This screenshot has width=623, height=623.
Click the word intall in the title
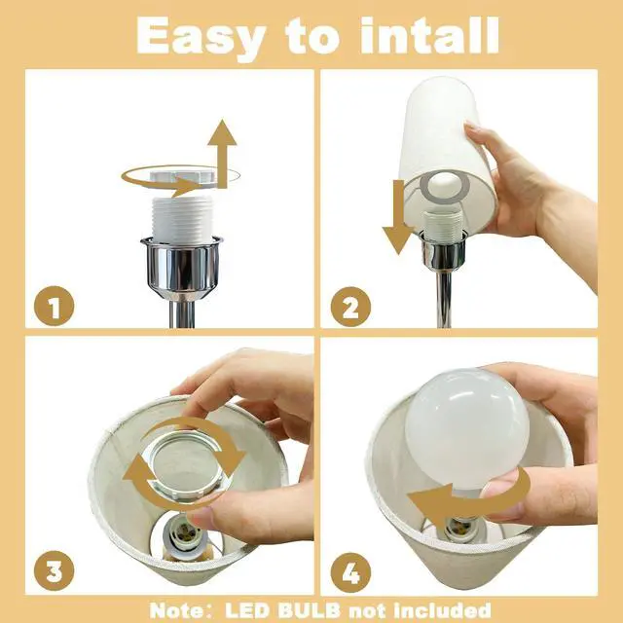pyautogui.click(x=429, y=35)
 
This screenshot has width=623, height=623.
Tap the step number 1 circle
pyautogui.click(x=55, y=306)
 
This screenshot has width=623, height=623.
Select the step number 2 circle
pyautogui.click(x=350, y=307)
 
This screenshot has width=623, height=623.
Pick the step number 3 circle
pyautogui.click(x=55, y=570)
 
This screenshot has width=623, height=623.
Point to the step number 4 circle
pyautogui.click(x=350, y=572)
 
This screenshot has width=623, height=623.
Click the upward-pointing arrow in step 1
pyautogui.click(x=222, y=153)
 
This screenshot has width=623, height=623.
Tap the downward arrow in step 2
pyautogui.click(x=398, y=217)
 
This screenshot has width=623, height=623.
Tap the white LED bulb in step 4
pyautogui.click(x=467, y=428)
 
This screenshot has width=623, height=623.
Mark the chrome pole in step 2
pyautogui.click(x=444, y=299)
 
